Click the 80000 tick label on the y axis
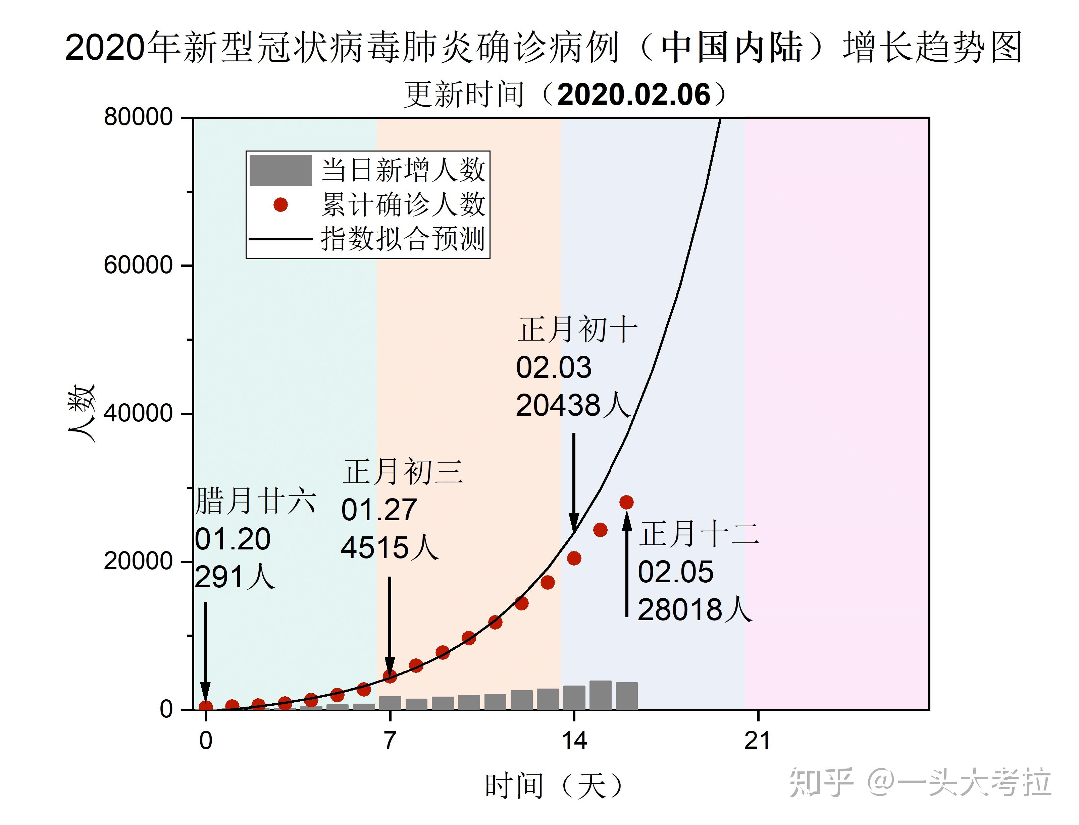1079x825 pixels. click(x=138, y=117)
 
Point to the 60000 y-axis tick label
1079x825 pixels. click(x=138, y=265)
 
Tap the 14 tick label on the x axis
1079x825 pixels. click(x=574, y=740)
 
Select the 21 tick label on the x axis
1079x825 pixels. click(x=757, y=740)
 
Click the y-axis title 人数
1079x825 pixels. click(x=82, y=413)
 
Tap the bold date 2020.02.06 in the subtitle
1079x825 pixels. click(x=634, y=94)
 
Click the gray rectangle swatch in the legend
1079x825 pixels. click(x=280, y=170)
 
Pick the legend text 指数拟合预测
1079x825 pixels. click(x=403, y=239)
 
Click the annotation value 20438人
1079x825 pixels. click(x=572, y=406)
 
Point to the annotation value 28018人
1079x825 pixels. click(x=694, y=610)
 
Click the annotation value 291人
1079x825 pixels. click(x=235, y=577)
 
